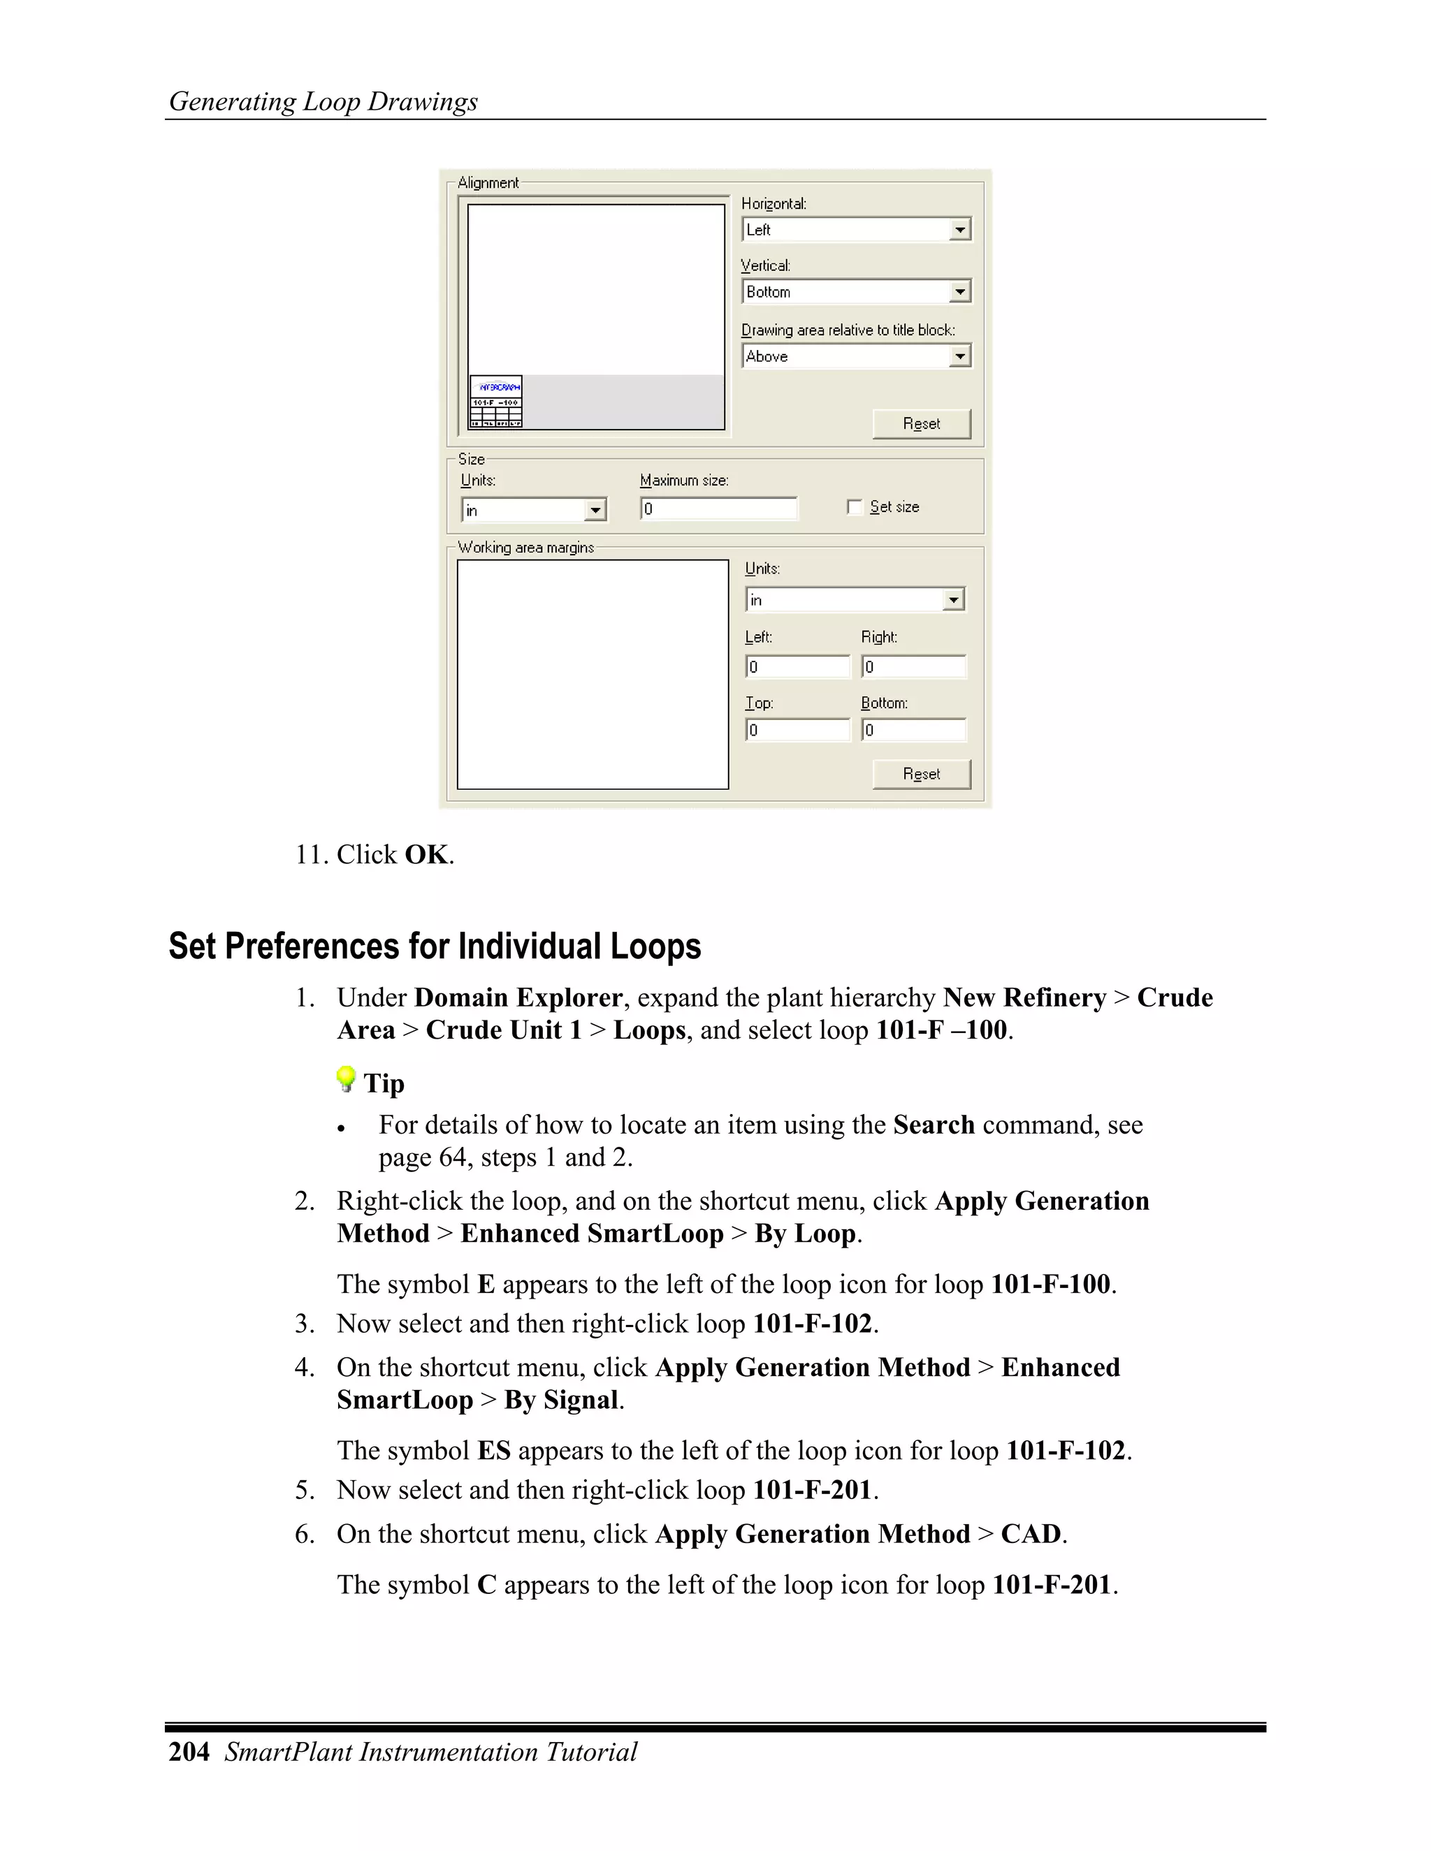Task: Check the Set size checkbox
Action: [x=855, y=507]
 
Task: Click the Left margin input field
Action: [x=797, y=667]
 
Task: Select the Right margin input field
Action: [x=913, y=667]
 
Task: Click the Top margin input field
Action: [x=797, y=730]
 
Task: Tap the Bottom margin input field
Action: [x=913, y=730]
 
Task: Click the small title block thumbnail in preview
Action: [x=496, y=402]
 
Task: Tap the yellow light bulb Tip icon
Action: [x=346, y=1079]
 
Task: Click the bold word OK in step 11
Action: [x=426, y=854]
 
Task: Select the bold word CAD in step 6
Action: [x=1030, y=1534]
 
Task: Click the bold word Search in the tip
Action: [x=934, y=1125]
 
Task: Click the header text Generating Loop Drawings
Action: [x=323, y=102]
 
